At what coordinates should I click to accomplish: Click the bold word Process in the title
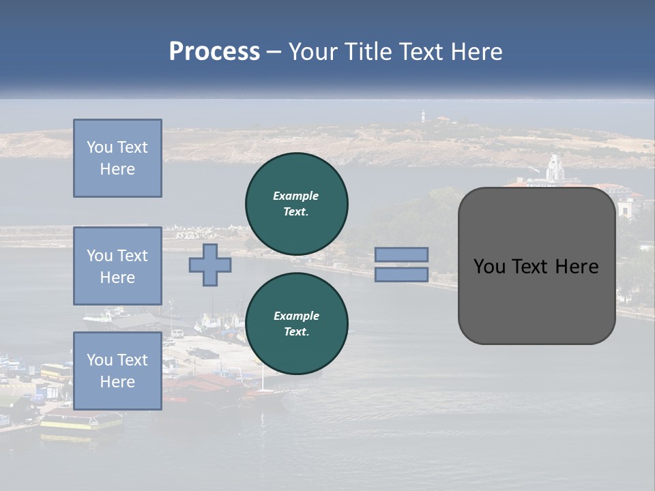point(214,52)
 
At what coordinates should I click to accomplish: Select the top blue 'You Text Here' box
point(117,158)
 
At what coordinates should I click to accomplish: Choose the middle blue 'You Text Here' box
point(117,266)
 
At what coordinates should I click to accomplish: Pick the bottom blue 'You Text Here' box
point(117,371)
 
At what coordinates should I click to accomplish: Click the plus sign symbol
point(210,265)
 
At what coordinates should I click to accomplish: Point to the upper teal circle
point(297,204)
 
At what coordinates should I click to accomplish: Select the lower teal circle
point(297,324)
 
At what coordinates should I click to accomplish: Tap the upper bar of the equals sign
point(402,255)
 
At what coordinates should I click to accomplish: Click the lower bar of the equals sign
point(402,275)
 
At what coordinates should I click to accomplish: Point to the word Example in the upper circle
point(296,196)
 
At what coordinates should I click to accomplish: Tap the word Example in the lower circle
point(296,316)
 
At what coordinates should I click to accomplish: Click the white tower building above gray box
point(555,168)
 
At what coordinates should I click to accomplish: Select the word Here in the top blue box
point(117,169)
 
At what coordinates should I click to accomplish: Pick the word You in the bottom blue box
point(100,360)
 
